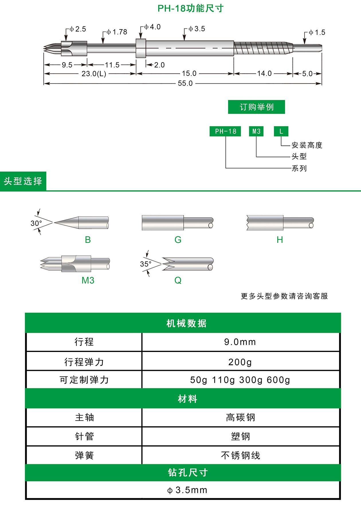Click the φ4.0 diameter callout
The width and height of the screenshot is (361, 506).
coord(152,27)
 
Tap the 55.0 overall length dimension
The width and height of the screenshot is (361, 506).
coord(185,83)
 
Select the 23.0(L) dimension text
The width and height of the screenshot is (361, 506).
coord(94,74)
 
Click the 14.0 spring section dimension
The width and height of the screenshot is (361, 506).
coord(264,74)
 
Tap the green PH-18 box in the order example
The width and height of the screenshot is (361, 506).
coord(225,131)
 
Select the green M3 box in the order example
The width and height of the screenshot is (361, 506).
coord(256,131)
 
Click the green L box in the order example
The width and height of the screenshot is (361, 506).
coord(281,131)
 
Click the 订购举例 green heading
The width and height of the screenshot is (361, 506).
coord(256,107)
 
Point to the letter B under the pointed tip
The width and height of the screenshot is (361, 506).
coord(88,240)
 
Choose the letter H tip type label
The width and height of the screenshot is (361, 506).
coord(280,240)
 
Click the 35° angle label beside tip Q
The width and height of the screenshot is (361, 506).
coord(146,264)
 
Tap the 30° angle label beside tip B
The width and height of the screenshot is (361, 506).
coord(36,223)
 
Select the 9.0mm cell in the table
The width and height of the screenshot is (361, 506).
coord(240,342)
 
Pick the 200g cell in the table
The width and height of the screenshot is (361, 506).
coord(240,362)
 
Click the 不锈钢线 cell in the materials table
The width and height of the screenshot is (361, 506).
coord(240,455)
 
